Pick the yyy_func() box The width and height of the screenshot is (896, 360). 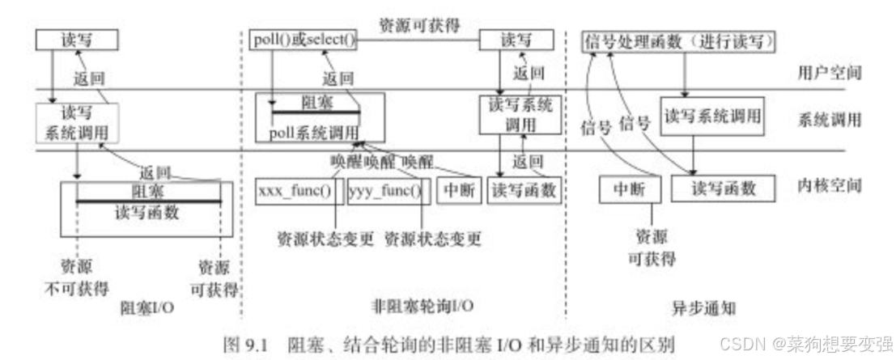click(385, 191)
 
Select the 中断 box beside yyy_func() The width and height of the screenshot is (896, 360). click(459, 191)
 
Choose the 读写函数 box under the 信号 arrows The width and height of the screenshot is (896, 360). click(722, 189)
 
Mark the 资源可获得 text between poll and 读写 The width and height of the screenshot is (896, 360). click(418, 25)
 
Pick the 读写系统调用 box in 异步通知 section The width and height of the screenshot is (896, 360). click(713, 115)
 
